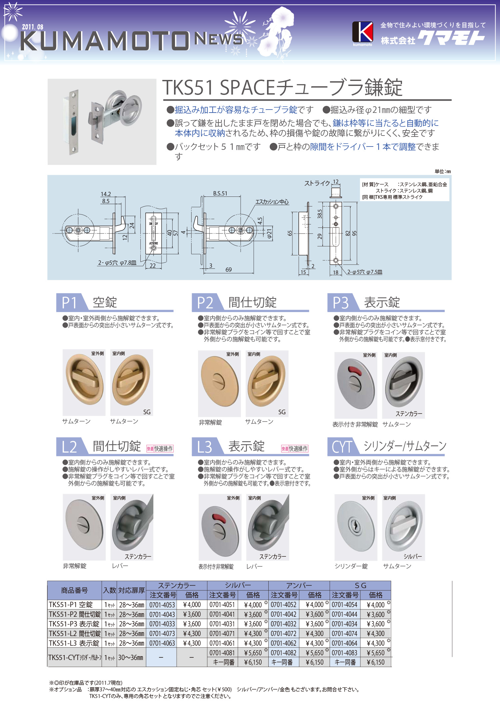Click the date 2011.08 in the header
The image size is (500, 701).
tap(33, 27)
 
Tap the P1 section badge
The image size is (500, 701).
tap(69, 302)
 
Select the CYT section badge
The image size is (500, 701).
tap(341, 447)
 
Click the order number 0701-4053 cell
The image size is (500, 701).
tap(162, 605)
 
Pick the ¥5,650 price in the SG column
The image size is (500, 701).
tap(375, 653)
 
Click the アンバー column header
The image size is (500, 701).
tap(299, 585)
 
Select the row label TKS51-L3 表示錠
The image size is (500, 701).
tap(74, 643)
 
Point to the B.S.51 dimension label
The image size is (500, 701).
tap(220, 193)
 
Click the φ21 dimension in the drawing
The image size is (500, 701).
tap(269, 233)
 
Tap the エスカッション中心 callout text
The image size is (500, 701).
tap(272, 202)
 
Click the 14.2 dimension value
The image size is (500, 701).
tap(106, 194)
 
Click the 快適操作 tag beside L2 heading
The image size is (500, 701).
tap(160, 449)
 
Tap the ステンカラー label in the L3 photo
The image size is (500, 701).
tap(273, 556)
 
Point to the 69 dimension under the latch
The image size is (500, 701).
tap(228, 269)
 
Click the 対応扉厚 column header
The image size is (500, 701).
tap(131, 590)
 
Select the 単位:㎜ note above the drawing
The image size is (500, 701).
tap(443, 172)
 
